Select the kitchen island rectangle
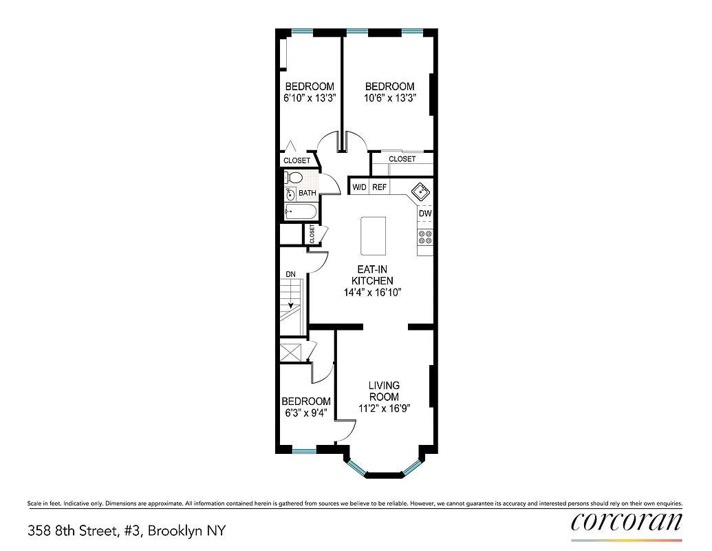(373, 236)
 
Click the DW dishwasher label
(425, 214)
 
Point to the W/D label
(359, 187)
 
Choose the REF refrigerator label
(380, 187)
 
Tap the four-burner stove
(425, 238)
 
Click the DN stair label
(291, 274)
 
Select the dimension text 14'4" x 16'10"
(372, 292)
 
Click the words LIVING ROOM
(384, 391)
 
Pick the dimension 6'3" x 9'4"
(305, 413)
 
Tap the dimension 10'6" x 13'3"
(389, 98)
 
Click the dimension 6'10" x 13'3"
(310, 98)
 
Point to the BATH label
(308, 193)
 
